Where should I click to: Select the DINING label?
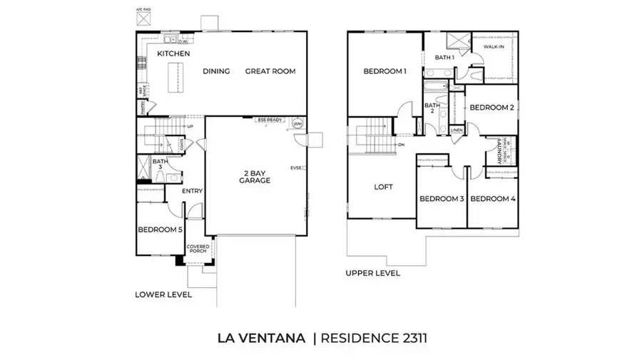click(215, 71)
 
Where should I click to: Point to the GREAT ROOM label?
click(270, 71)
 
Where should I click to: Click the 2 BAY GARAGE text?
click(255, 177)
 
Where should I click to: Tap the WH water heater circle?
click(298, 124)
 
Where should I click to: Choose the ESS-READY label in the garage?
click(271, 120)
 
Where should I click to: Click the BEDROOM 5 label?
click(160, 230)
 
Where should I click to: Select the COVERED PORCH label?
click(198, 250)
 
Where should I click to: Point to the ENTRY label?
click(192, 191)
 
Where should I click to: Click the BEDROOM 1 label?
click(384, 71)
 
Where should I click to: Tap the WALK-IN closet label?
click(494, 46)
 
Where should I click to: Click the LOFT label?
click(384, 187)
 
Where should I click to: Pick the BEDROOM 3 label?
click(442, 198)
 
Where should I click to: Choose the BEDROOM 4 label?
click(492, 198)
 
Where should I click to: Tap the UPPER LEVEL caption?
click(372, 274)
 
